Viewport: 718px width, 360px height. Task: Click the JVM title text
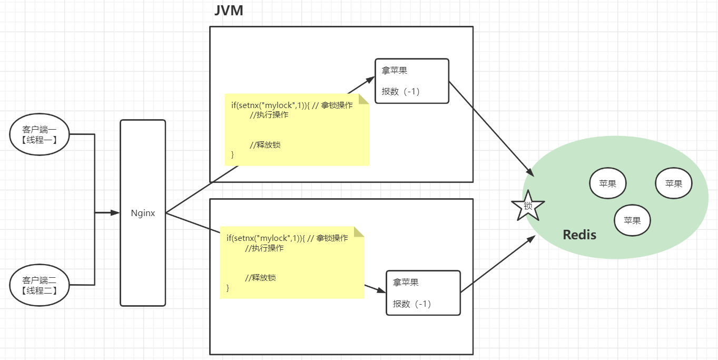[229, 11]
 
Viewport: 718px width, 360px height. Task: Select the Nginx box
[143, 213]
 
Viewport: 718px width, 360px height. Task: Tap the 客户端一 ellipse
[40, 134]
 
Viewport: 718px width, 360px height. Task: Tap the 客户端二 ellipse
[40, 285]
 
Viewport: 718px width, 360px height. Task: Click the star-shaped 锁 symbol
[528, 206]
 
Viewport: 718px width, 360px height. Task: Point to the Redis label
[579, 235]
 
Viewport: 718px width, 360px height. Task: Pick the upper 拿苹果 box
[411, 81]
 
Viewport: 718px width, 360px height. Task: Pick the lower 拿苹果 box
[423, 293]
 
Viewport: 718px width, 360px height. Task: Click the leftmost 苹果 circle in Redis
[607, 183]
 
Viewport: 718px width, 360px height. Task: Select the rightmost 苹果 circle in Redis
[673, 183]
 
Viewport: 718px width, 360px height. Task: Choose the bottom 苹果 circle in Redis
[632, 220]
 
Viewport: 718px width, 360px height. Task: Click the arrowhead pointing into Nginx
[115, 213]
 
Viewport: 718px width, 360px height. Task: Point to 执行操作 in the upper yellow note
[269, 115]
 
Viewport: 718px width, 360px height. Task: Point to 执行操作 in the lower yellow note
[264, 248]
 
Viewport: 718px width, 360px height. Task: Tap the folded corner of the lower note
[359, 232]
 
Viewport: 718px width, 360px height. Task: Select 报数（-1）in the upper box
[400, 92]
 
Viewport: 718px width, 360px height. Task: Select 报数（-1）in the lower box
[412, 304]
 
